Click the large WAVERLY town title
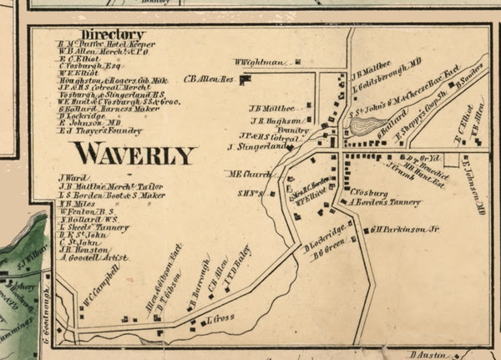134,154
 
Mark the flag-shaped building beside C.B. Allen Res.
245,79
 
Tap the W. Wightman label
261,62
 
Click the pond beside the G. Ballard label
362,126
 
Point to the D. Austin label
430,354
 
